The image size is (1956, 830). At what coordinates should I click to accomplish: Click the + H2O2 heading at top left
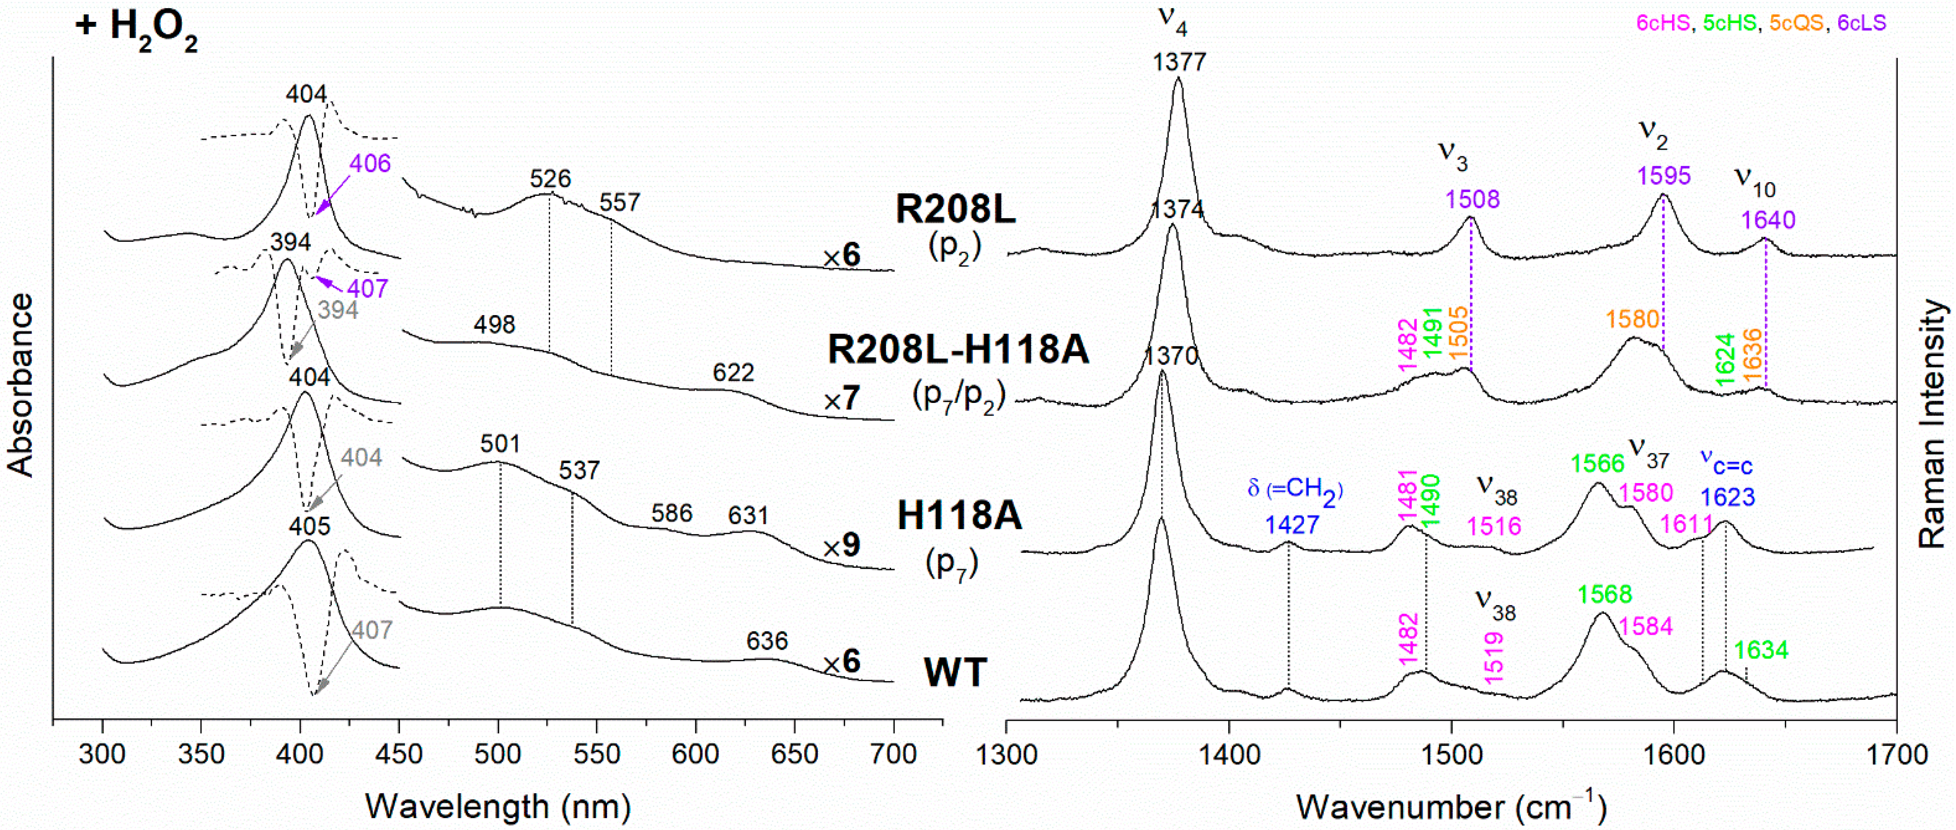pos(137,28)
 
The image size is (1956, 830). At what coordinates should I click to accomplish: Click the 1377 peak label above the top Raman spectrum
pos(1178,61)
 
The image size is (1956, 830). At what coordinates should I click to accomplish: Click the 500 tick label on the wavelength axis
pos(498,755)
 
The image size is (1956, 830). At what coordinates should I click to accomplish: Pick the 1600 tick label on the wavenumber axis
pos(1673,755)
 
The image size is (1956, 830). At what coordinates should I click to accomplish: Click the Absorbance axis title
pos(21,385)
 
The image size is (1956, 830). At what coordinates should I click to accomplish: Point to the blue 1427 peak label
pos(1292,525)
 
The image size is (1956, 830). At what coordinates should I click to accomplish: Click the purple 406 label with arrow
pos(370,163)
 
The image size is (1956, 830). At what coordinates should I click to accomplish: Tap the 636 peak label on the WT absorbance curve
pos(767,641)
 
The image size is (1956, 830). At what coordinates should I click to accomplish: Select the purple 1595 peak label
pos(1664,175)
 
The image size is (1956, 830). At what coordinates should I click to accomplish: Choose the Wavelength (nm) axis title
pos(498,806)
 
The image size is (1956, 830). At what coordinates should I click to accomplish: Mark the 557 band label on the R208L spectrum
pos(619,203)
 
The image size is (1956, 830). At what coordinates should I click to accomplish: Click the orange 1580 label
pos(1632,319)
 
